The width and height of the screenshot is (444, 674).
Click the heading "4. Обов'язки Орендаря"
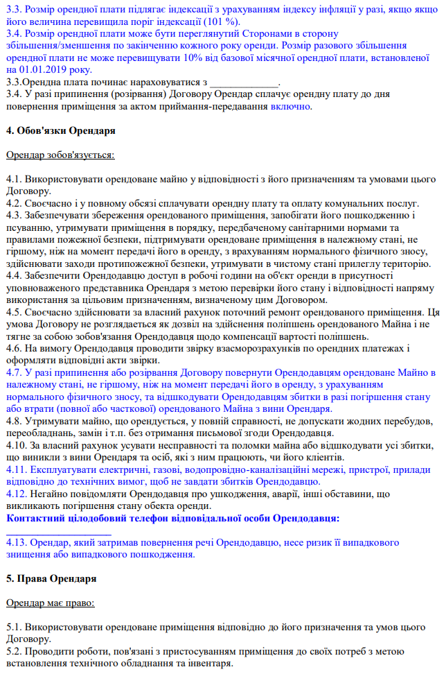pyautogui.click(x=60, y=130)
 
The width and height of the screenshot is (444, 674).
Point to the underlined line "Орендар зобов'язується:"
pyautogui.click(x=60, y=155)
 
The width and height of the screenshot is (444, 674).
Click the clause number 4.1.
pyautogui.click(x=14, y=179)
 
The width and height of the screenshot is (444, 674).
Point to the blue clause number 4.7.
pyautogui.click(x=14, y=372)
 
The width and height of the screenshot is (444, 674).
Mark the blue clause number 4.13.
pyautogui.click(x=16, y=542)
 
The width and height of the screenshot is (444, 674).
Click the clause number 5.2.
pyautogui.click(x=14, y=652)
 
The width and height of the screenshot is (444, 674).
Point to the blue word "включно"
pyautogui.click(x=291, y=106)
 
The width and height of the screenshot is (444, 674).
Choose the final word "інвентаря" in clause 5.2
pyautogui.click(x=211, y=664)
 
